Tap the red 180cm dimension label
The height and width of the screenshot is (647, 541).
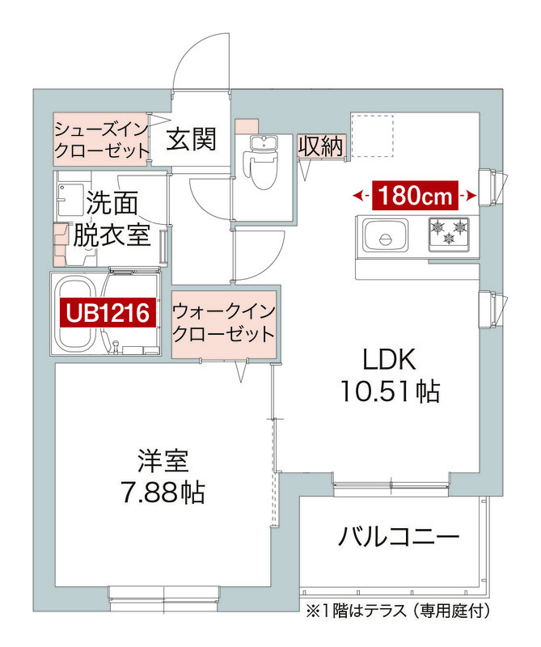point(415,195)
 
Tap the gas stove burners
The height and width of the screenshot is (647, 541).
point(449,230)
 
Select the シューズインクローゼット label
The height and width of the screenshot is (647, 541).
point(103,138)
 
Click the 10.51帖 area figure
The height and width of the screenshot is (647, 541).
point(389,392)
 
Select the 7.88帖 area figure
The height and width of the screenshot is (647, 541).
point(161,491)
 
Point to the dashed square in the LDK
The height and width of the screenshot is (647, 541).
point(371,135)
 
